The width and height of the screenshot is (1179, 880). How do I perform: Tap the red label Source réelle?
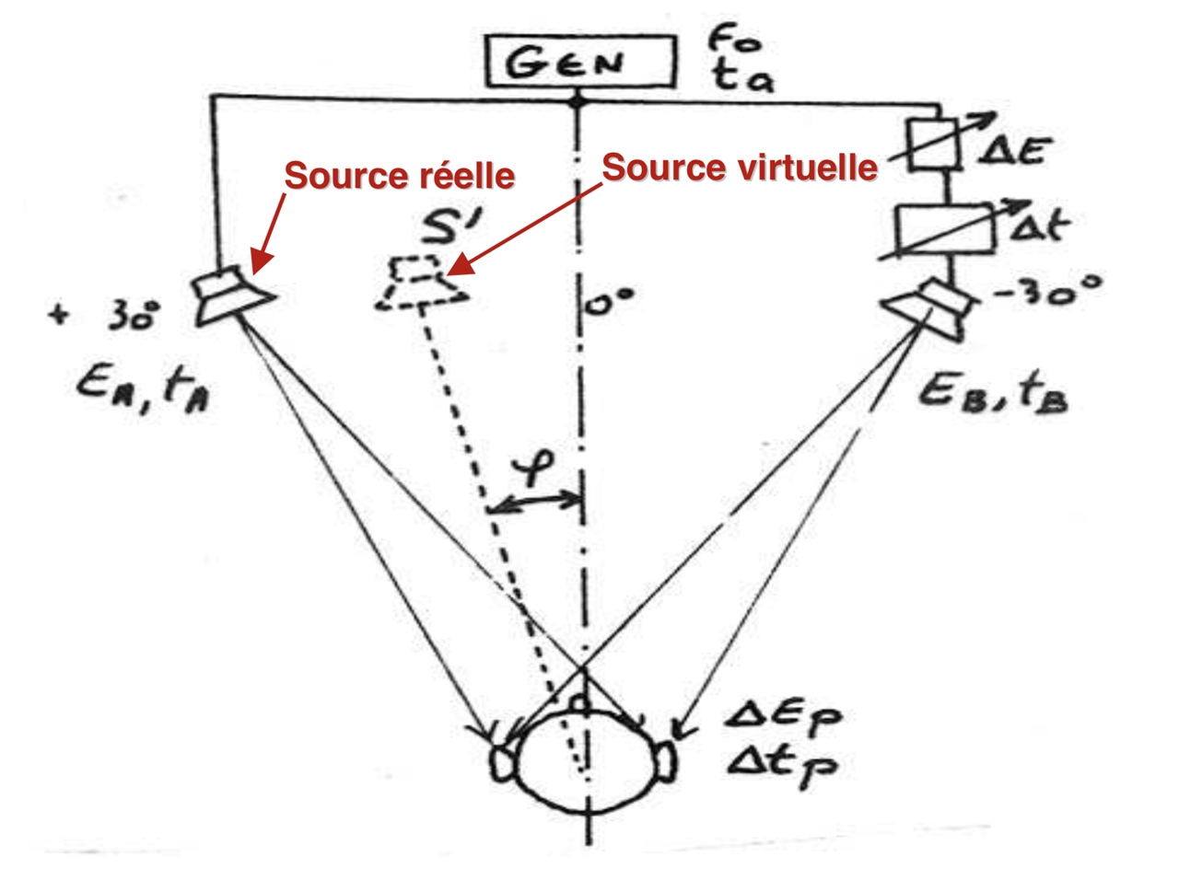click(x=399, y=175)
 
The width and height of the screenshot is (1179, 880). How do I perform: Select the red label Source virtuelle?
click(x=739, y=168)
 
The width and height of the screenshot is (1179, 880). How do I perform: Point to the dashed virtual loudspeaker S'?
click(x=422, y=284)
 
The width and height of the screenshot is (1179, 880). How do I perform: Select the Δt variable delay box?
click(x=945, y=228)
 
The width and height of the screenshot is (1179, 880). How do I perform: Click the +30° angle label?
click(x=106, y=317)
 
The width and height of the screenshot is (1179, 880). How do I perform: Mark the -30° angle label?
click(x=1047, y=293)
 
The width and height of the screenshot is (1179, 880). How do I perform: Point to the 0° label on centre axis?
click(x=610, y=301)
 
